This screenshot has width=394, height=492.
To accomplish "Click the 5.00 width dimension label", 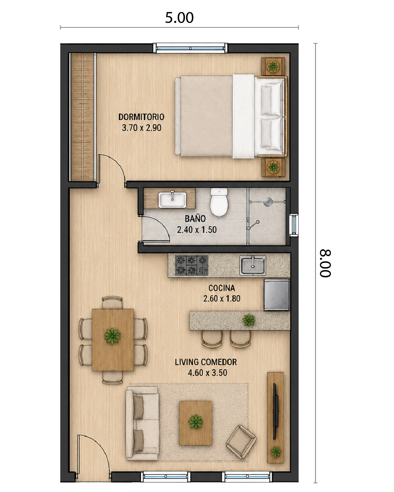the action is click(179, 17).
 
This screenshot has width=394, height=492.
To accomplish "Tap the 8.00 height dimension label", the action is click(325, 263).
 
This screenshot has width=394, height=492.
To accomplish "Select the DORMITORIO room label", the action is click(141, 117).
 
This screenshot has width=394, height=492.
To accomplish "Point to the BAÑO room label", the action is click(195, 219).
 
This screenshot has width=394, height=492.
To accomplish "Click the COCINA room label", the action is click(221, 288).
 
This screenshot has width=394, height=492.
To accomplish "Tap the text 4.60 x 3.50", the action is click(208, 373).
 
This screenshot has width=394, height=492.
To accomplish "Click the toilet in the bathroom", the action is click(219, 202).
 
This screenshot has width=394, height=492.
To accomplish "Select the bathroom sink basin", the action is click(173, 200).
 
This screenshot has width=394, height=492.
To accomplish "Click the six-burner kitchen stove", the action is click(192, 265).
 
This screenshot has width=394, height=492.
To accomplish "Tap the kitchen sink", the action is click(253, 265).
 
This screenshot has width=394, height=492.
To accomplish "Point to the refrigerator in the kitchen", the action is click(277, 295).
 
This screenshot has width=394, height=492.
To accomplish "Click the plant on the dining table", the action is click(112, 336).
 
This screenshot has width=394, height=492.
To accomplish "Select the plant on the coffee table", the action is click(196, 422).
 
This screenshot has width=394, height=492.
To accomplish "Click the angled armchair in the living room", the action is click(241, 442).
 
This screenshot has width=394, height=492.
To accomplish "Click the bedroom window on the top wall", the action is click(190, 48).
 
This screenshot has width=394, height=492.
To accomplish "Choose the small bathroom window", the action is click(294, 225).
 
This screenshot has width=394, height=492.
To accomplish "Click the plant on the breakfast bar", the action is click(249, 320).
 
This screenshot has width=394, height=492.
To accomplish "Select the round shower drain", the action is click(267, 202).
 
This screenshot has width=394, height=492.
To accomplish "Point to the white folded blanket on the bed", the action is click(243, 116).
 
